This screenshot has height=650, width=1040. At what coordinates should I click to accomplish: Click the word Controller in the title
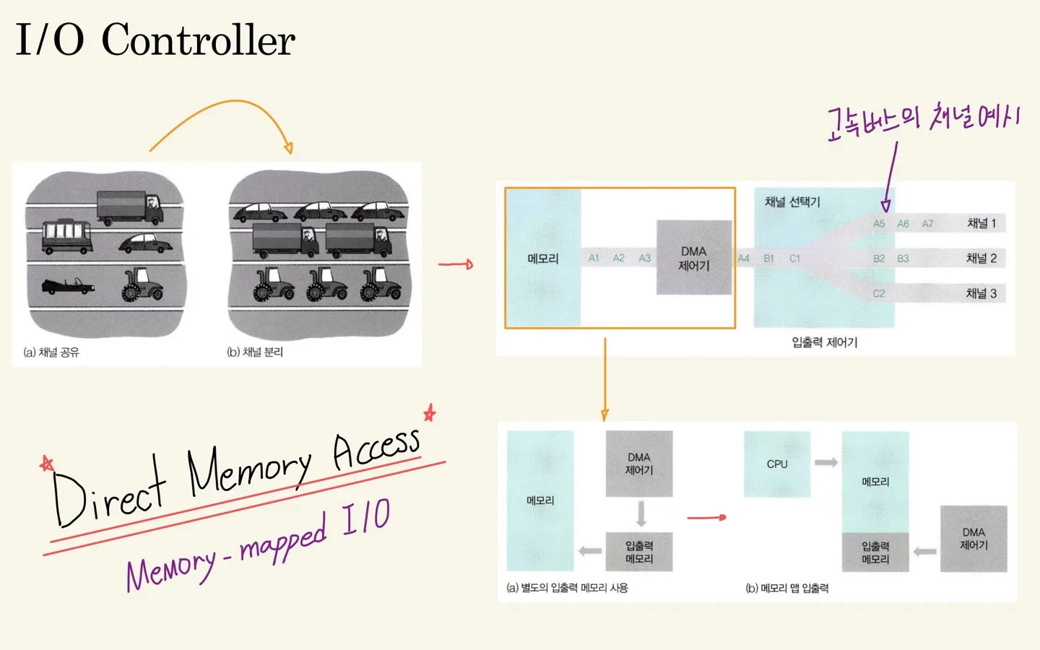pyautogui.click(x=198, y=40)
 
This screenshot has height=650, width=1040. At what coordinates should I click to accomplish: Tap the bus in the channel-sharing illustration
pyautogui.click(x=67, y=237)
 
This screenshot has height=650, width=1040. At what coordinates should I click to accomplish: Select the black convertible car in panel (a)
pyautogui.click(x=67, y=287)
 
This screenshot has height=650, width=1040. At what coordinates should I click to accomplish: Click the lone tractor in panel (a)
pyautogui.click(x=142, y=284)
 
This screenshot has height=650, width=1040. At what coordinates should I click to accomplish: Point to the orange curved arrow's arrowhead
pyautogui.click(x=288, y=147)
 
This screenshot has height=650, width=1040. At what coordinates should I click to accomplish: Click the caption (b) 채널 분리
pyautogui.click(x=255, y=352)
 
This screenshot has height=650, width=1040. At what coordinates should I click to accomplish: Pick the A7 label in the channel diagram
pyautogui.click(x=927, y=224)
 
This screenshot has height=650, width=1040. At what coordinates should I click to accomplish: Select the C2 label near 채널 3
pyautogui.click(x=878, y=293)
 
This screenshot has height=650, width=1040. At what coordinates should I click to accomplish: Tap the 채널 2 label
pyautogui.click(x=981, y=258)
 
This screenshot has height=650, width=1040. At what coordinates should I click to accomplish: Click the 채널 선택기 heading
pyautogui.click(x=792, y=201)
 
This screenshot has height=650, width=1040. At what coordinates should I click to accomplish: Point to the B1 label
pyautogui.click(x=768, y=259)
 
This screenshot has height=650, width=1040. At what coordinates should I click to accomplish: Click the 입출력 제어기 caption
pyautogui.click(x=824, y=342)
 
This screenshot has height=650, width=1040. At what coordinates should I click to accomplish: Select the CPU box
pyautogui.click(x=777, y=464)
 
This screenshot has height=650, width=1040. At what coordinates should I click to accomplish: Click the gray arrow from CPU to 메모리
pyautogui.click(x=826, y=462)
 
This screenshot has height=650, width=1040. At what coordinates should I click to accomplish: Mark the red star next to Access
pyautogui.click(x=430, y=413)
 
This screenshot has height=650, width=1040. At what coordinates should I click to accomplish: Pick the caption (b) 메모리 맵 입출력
pyautogui.click(x=786, y=589)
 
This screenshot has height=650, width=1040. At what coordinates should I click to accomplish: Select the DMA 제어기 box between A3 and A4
pyautogui.click(x=693, y=258)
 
